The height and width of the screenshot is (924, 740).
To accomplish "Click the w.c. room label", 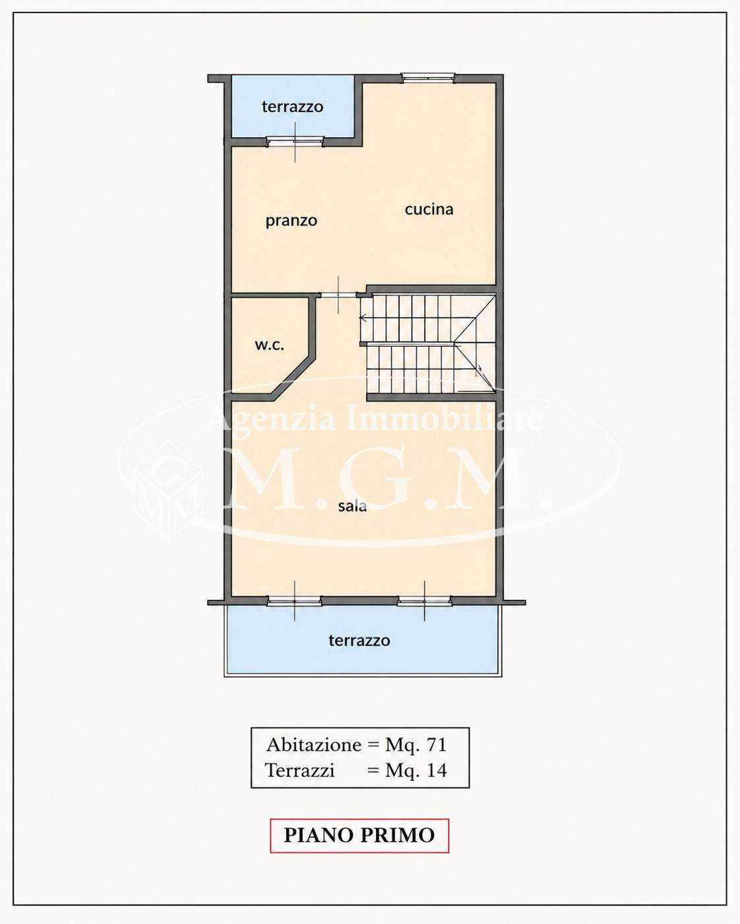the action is tap(270, 345).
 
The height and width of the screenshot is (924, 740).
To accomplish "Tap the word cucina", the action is tap(429, 209).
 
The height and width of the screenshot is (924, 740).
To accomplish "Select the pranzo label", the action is tap(291, 221).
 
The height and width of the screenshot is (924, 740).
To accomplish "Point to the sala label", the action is tap(352, 506).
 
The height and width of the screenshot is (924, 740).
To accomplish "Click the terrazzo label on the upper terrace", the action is tap(292, 107).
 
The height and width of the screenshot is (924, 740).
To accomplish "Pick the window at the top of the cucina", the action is tap(428, 77).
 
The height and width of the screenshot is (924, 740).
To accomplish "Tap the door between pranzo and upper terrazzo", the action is tap(295, 142).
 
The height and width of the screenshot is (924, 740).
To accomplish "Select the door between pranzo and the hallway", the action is tap(338, 295).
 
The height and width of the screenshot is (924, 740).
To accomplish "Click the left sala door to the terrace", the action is tap(294, 600).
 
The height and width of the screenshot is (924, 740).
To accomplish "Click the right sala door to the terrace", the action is tap(424, 600).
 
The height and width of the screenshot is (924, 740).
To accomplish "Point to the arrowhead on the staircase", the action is tap(363, 318).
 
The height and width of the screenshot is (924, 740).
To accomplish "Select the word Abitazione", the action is tap(314, 757).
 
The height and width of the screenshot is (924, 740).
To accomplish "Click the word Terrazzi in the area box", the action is tap(299, 783).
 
